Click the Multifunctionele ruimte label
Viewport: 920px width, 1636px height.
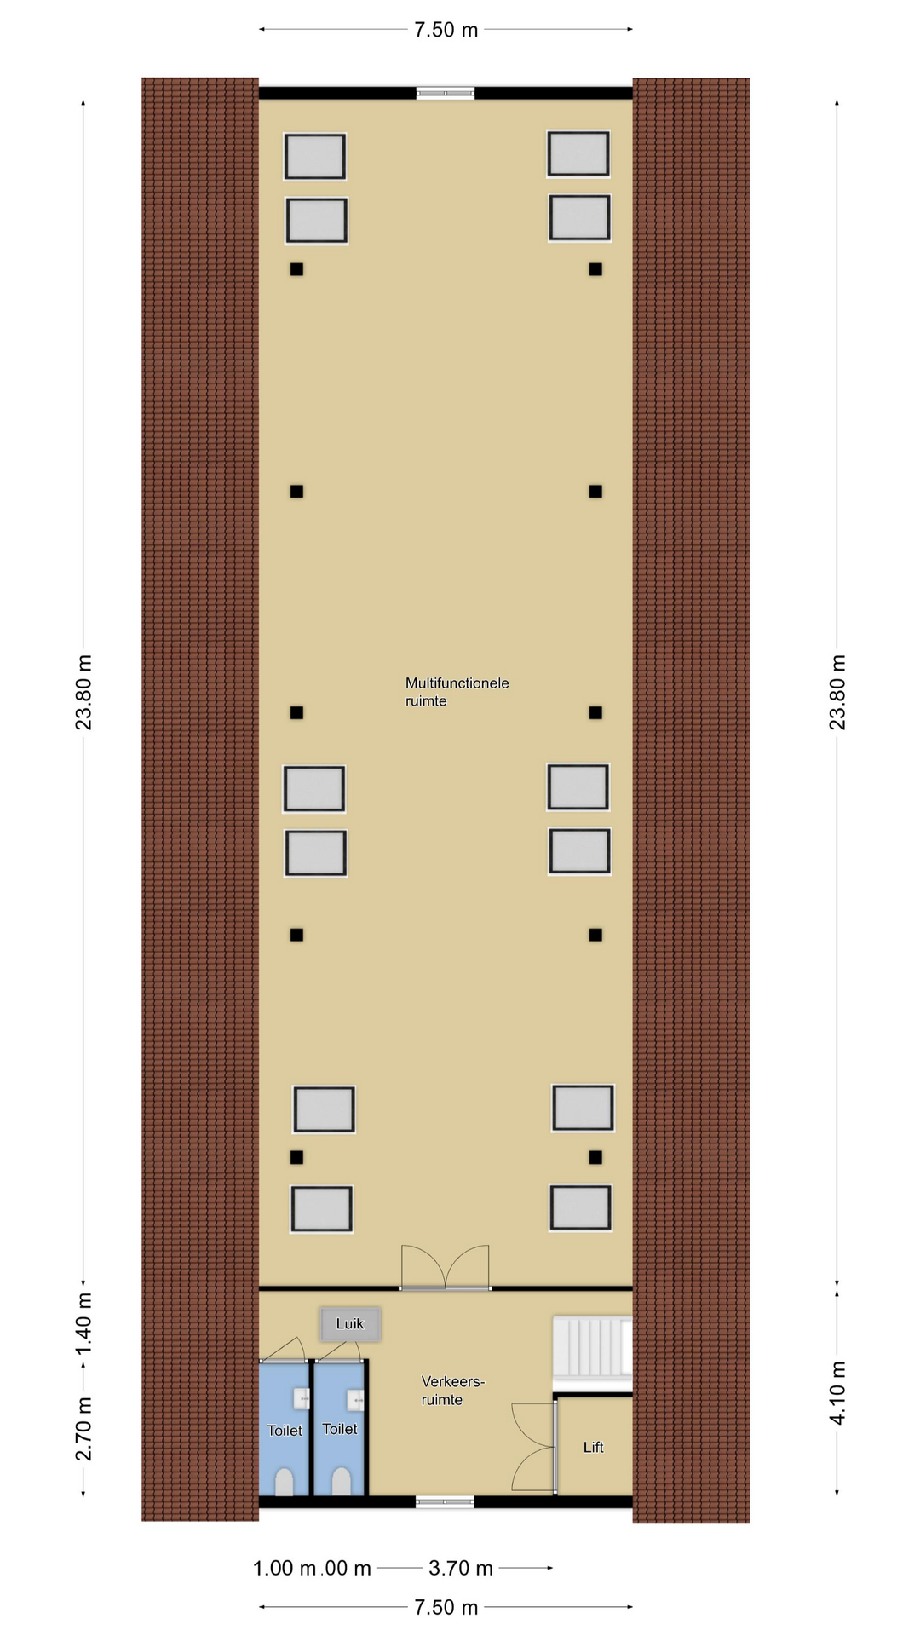click(457, 692)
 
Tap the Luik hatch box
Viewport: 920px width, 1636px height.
click(350, 1323)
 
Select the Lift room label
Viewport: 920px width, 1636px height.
click(593, 1447)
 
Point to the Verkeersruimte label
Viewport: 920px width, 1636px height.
click(452, 1391)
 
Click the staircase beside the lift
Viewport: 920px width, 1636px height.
click(593, 1346)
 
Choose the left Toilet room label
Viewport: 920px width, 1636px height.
click(285, 1431)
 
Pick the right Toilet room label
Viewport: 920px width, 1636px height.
click(340, 1429)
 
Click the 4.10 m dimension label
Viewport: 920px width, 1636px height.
click(838, 1392)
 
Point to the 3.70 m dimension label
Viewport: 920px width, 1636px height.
click(461, 1568)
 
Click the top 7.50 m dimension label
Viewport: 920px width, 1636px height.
click(446, 31)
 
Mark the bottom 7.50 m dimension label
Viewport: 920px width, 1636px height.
click(446, 1607)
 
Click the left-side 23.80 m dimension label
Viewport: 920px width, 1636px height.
click(83, 693)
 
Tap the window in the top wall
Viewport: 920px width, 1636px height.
click(446, 93)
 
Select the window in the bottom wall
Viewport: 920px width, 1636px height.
click(445, 1502)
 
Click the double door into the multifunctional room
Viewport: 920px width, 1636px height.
click(446, 1267)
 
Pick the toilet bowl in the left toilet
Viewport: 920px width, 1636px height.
click(285, 1482)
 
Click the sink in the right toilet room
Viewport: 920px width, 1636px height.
click(355, 1398)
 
